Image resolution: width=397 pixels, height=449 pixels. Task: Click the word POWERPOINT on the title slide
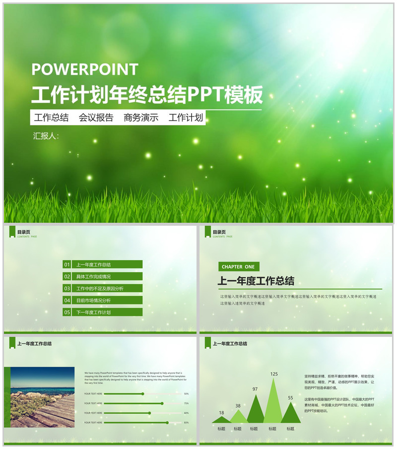85,69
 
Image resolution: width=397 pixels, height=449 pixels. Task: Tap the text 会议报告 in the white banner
96,118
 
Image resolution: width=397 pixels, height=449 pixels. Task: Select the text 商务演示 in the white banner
141,118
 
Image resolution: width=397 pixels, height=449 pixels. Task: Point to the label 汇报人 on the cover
45,135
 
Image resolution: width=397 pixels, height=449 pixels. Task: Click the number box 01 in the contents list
67,264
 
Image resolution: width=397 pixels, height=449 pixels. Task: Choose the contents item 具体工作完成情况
94,276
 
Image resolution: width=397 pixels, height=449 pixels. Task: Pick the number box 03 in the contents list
67,288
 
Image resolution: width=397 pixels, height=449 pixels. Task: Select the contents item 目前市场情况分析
94,300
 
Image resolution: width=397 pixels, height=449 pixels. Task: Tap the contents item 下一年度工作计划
94,312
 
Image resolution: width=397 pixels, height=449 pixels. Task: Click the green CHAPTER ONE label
238,267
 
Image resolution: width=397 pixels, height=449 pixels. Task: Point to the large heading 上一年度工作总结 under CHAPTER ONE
256,281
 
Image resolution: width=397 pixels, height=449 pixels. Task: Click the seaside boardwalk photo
42,397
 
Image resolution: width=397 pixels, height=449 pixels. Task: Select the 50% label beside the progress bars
186,394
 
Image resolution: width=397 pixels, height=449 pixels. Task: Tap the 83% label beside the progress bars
186,423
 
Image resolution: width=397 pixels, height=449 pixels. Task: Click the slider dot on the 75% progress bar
162,403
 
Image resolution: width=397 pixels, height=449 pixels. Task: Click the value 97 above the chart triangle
255,389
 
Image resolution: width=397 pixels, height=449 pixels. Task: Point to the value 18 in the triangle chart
221,413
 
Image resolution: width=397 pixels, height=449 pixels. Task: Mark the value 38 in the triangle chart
238,406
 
